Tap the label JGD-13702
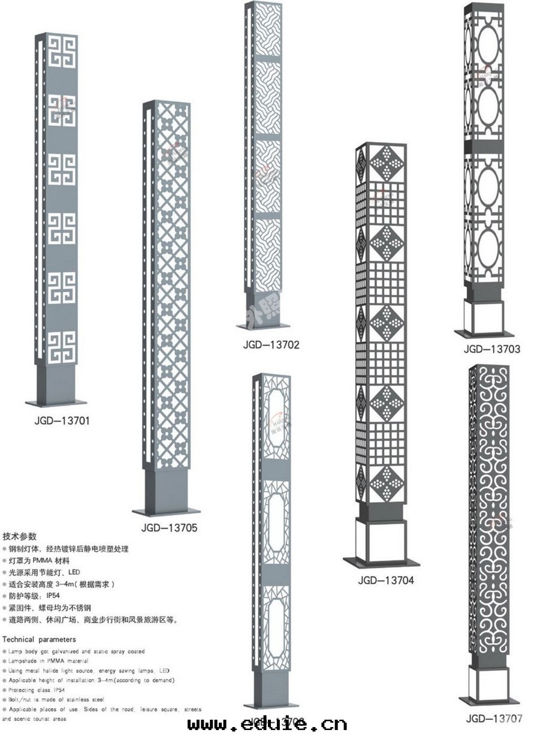tap(271, 344)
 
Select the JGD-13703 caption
tap(491, 349)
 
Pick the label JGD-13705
tap(170, 528)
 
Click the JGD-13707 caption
tap(494, 717)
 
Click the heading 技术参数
tap(20, 536)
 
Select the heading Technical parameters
tap(40, 639)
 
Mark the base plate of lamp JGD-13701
tap(56, 403)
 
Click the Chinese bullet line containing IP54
tap(37, 596)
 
